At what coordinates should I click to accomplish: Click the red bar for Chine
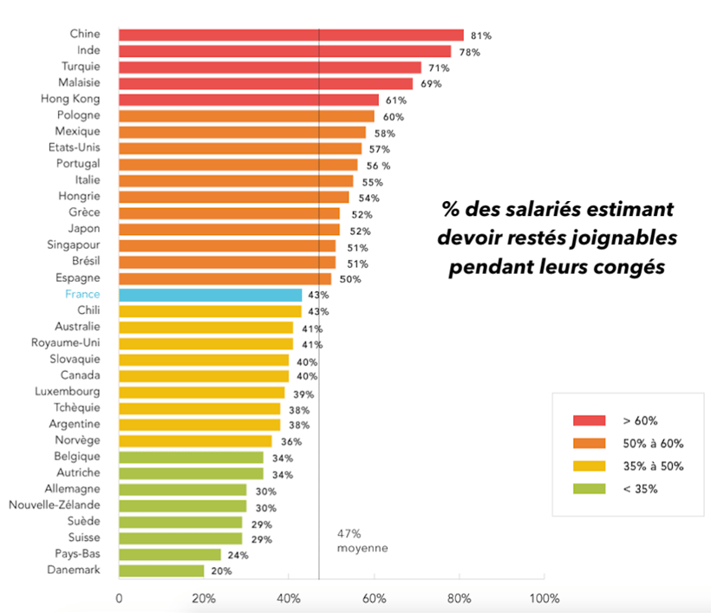(x=290, y=35)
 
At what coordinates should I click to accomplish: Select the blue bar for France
(x=210, y=295)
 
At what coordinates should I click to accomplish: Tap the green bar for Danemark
(x=161, y=571)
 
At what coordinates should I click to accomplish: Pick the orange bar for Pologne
(x=246, y=115)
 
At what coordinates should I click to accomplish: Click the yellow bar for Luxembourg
(x=201, y=392)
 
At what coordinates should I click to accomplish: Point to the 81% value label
(x=481, y=36)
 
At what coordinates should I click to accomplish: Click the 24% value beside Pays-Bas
(x=238, y=555)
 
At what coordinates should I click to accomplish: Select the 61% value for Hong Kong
(x=396, y=101)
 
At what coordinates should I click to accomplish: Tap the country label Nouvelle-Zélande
(x=54, y=505)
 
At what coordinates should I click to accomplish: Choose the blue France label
(x=82, y=295)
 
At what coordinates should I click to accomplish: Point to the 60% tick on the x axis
(x=375, y=598)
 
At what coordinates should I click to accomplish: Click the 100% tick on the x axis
(x=544, y=598)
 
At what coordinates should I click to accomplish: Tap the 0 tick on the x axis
(x=119, y=598)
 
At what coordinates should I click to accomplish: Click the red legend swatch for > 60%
(x=590, y=421)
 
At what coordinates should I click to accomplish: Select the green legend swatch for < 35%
(x=590, y=488)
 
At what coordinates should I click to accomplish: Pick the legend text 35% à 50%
(x=653, y=466)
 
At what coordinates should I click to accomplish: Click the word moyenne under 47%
(x=362, y=548)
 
